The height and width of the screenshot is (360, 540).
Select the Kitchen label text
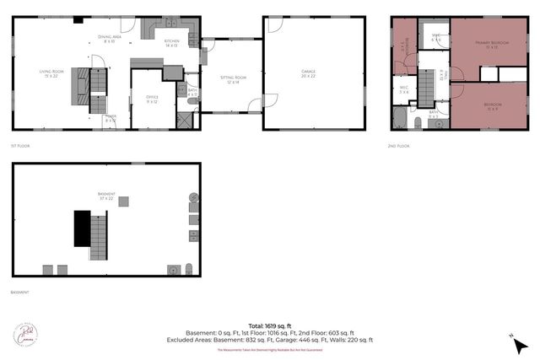click(171, 42)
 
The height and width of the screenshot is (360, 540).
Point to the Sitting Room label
click(231, 80)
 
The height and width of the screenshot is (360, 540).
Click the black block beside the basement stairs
click(81, 228)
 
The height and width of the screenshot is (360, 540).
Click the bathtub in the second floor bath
click(400, 118)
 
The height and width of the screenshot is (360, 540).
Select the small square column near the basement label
click(123, 201)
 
